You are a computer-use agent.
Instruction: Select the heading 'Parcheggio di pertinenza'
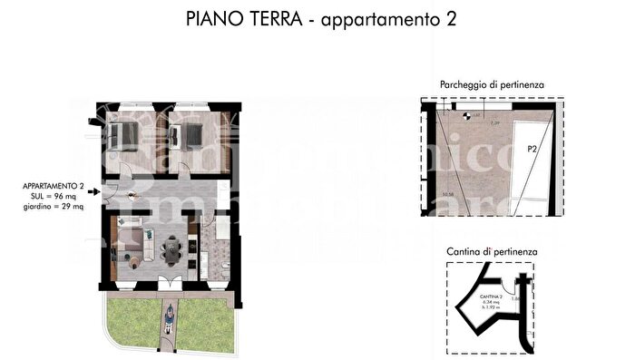(492, 84)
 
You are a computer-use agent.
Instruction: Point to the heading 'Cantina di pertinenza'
(493, 249)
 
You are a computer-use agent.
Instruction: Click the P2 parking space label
(532, 152)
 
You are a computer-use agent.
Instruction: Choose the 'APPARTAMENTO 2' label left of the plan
(54, 187)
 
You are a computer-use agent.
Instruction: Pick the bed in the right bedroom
(190, 136)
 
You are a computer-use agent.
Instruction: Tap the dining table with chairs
(169, 246)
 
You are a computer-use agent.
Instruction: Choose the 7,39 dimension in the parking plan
(495, 122)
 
